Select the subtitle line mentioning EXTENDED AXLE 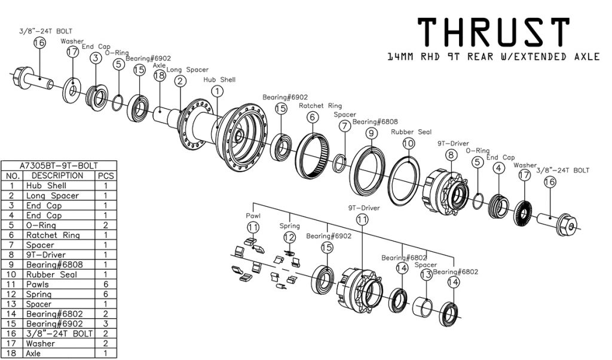493,57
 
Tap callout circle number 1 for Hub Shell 216,91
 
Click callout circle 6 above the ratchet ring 312,117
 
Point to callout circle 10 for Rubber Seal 408,144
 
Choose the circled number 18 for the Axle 159,76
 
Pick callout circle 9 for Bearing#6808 372,133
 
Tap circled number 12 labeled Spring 289,237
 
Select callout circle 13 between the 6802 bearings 426,274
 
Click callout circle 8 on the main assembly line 451,155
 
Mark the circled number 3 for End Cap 95,57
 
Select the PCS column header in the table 106,176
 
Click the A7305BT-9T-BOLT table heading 58,166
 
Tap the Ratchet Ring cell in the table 53,235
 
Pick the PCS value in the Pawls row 106,285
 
